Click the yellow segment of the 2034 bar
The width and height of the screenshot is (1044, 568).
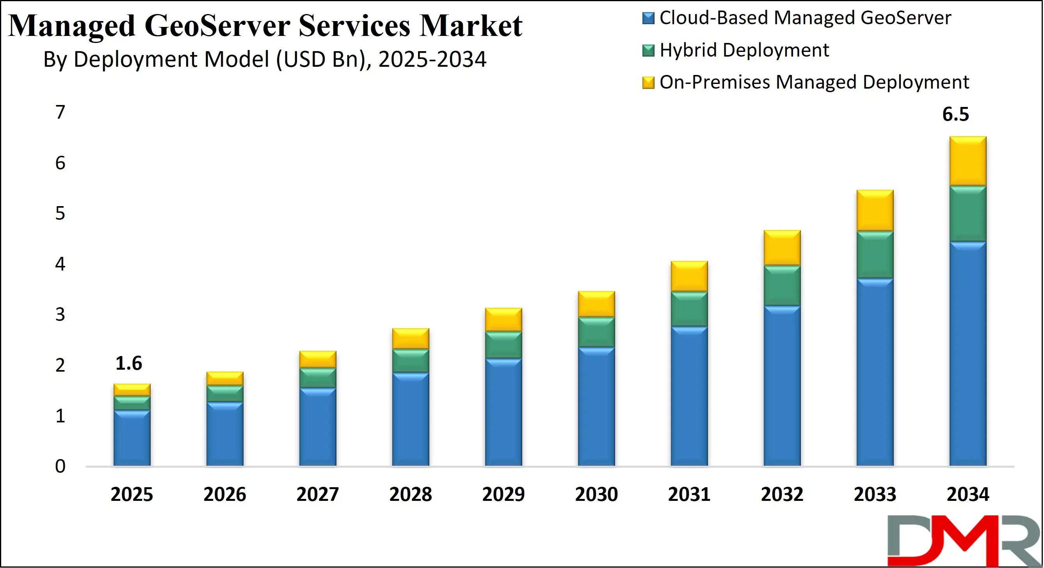pos(968,161)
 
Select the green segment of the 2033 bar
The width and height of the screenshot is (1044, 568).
pos(875,255)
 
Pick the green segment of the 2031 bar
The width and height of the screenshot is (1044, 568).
pos(689,309)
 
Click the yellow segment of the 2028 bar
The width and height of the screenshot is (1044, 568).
pos(411,338)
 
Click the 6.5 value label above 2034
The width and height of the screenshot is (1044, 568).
pos(955,114)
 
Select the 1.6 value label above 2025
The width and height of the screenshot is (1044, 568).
pos(128,363)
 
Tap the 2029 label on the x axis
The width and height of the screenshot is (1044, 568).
pos(503,494)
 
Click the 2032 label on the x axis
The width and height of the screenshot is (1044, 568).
pos(782,494)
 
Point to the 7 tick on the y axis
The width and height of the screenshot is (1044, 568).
pos(60,112)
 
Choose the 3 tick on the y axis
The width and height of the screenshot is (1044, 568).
pos(60,315)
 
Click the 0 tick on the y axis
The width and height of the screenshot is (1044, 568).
pos(60,467)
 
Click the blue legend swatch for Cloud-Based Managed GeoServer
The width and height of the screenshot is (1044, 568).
pos(648,18)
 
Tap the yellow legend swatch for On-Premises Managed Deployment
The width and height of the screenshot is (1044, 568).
pos(648,83)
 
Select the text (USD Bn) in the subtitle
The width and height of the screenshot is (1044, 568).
pos(323,60)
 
